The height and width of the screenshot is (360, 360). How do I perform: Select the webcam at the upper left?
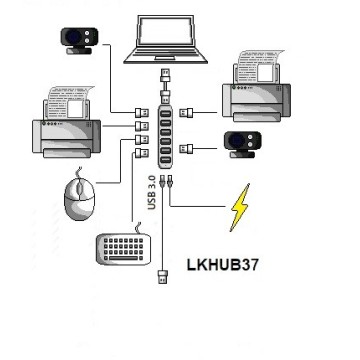(x=77, y=38)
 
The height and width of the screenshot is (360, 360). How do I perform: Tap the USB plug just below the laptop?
(x=165, y=74)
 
